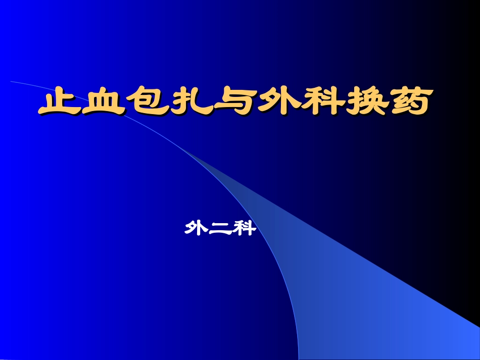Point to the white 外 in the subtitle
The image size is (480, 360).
(197, 230)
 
